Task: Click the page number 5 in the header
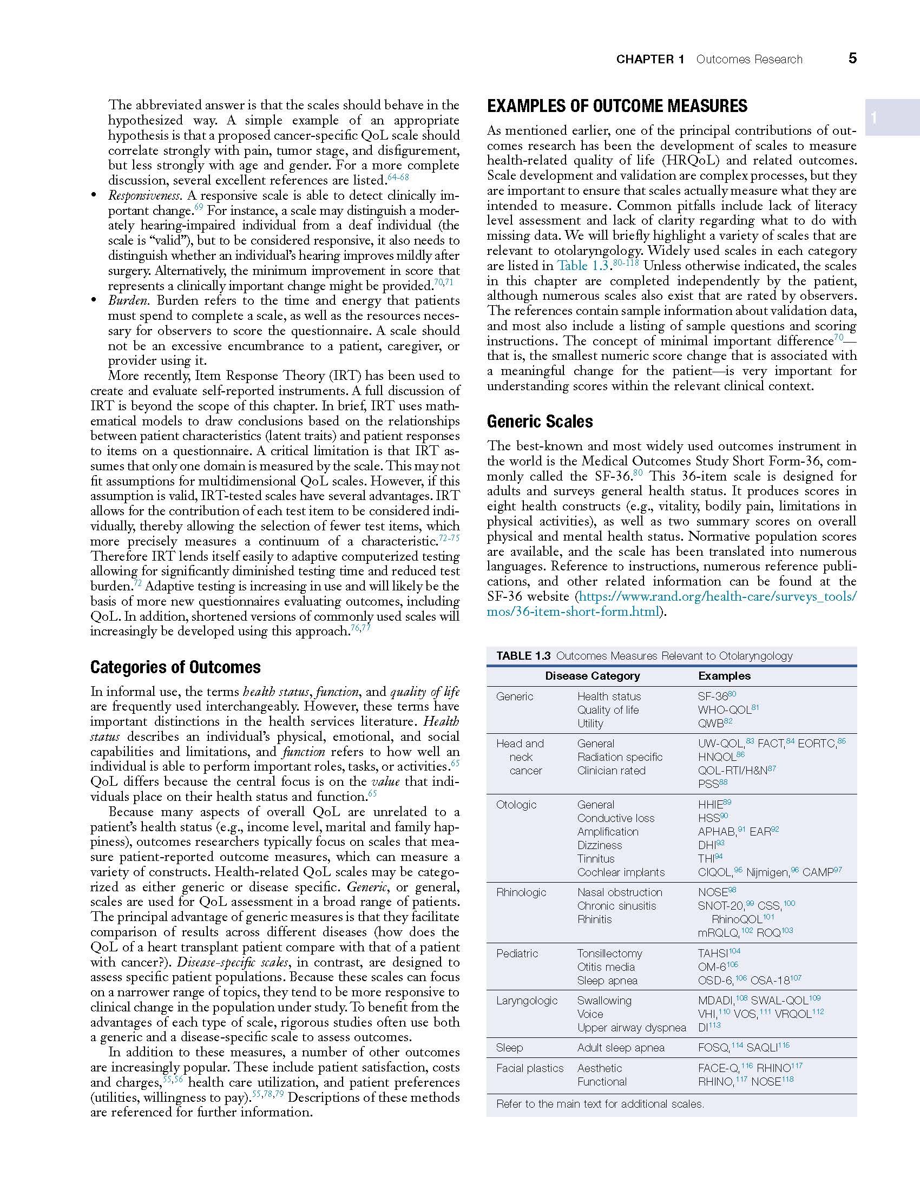point(852,58)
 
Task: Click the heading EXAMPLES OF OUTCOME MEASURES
point(617,106)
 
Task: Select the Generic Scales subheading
point(540,422)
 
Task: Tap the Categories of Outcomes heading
point(175,667)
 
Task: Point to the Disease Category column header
point(592,676)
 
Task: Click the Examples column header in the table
point(724,676)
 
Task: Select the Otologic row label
point(516,805)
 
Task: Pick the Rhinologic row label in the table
point(521,892)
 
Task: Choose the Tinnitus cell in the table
point(596,859)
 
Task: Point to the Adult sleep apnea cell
point(621,1048)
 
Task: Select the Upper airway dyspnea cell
point(632,1028)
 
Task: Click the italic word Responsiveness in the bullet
point(144,195)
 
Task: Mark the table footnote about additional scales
point(600,1104)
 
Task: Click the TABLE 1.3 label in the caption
point(523,656)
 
